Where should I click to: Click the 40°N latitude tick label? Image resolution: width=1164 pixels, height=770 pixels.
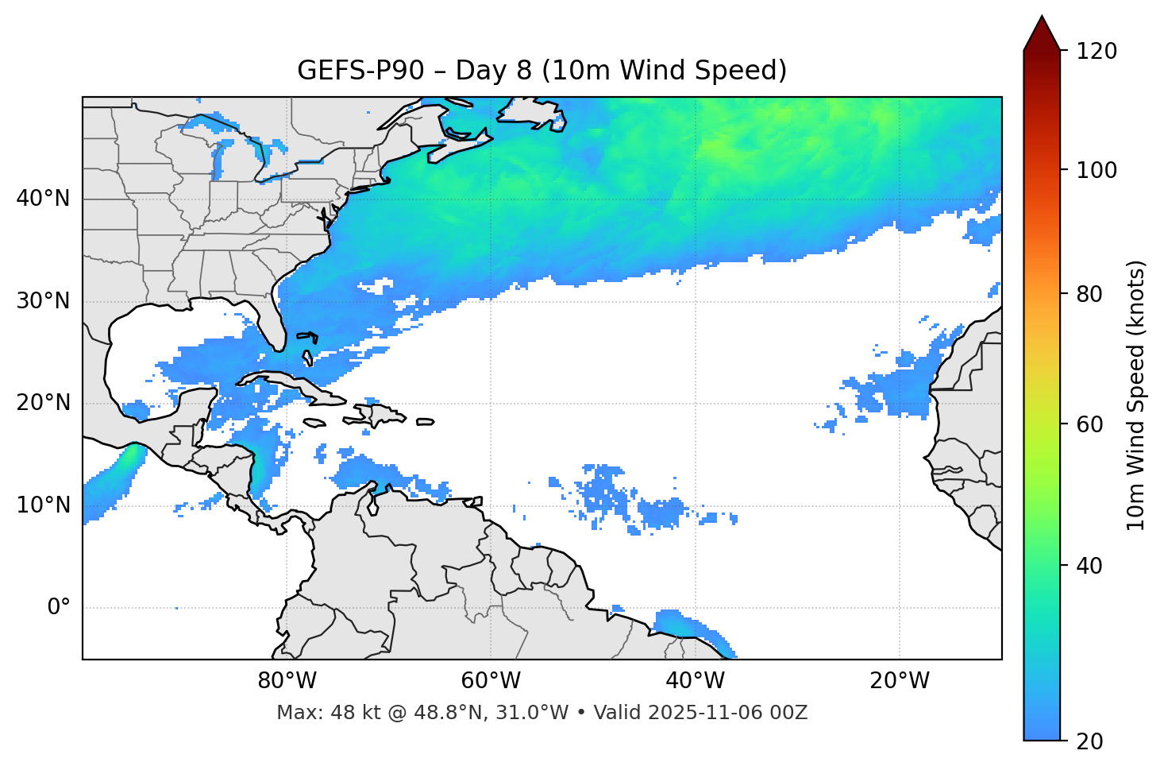pyautogui.click(x=43, y=199)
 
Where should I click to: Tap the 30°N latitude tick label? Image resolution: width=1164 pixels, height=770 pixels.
pyautogui.click(x=43, y=301)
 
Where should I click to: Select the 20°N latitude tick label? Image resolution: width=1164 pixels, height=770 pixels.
pyautogui.click(x=43, y=403)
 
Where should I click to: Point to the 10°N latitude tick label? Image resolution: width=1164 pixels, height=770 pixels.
pyautogui.click(x=43, y=505)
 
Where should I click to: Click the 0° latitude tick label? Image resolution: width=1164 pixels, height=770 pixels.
pyautogui.click(x=59, y=608)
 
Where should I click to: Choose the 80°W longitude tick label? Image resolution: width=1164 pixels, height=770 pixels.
pyautogui.click(x=287, y=681)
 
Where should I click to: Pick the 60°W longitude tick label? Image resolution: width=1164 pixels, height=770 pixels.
pyautogui.click(x=491, y=681)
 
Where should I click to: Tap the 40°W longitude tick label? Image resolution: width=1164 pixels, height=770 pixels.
pyautogui.click(x=696, y=681)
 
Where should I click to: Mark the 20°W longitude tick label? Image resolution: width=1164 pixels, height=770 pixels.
pyautogui.click(x=900, y=681)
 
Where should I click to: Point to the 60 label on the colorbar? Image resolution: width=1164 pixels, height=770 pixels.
pyautogui.click(x=1089, y=424)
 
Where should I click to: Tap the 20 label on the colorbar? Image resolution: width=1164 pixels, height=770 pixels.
pyautogui.click(x=1089, y=741)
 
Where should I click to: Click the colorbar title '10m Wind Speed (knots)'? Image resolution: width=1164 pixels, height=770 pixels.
pyautogui.click(x=1136, y=396)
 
